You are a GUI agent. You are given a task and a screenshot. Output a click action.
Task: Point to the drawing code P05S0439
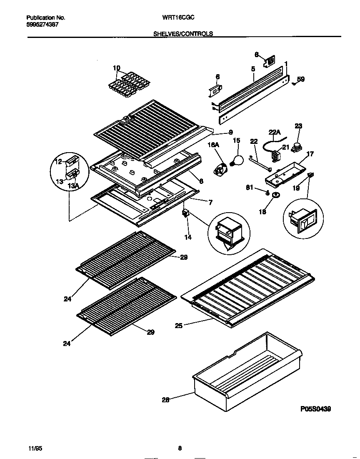(315, 409)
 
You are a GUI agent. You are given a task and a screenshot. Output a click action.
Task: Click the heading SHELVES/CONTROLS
(183, 34)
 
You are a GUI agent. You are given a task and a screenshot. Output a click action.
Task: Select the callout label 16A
(213, 144)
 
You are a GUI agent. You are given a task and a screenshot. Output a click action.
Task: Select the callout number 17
(310, 154)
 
